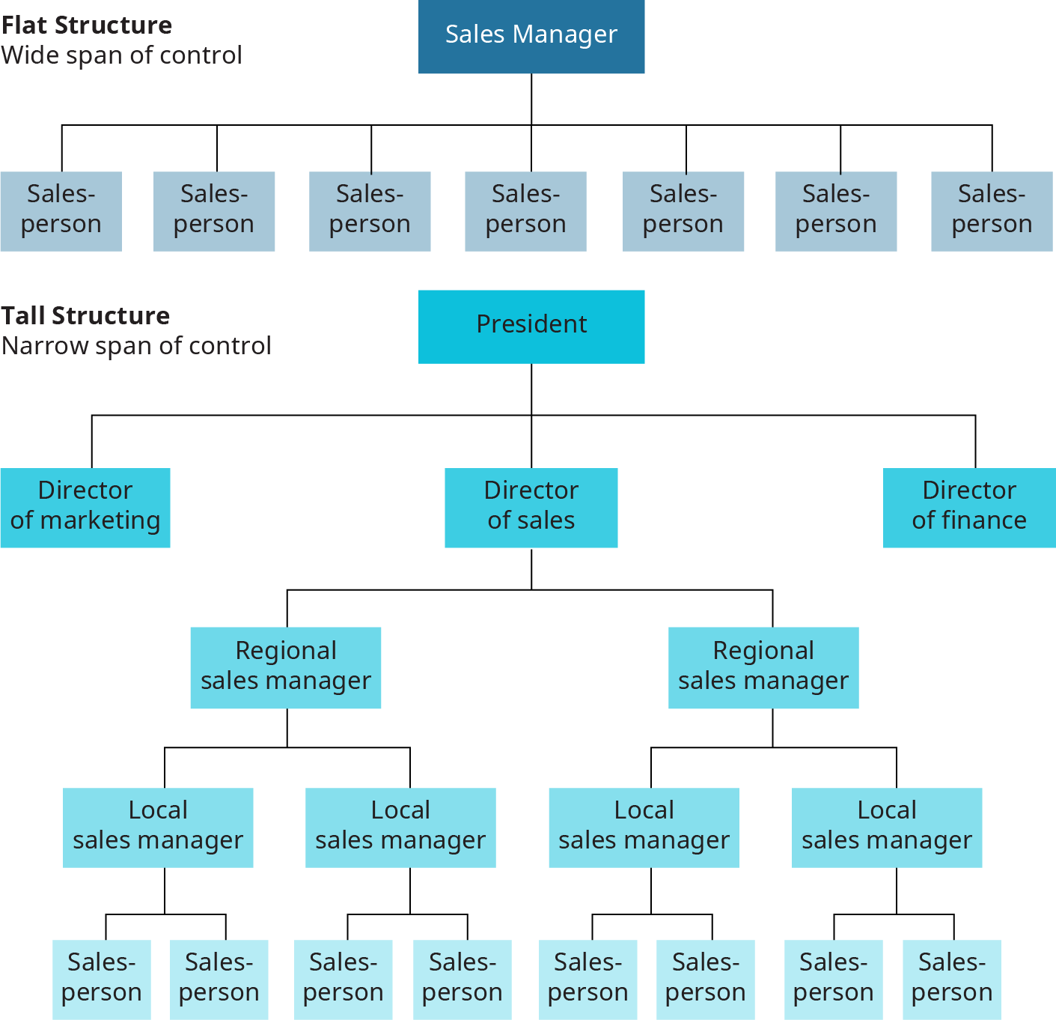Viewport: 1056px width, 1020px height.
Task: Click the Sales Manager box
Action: click(x=531, y=36)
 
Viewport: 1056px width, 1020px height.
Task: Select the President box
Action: click(x=531, y=326)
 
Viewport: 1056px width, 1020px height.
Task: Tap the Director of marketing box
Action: click(x=85, y=507)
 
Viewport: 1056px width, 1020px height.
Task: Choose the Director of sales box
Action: click(x=531, y=507)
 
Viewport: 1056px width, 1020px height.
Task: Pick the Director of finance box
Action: click(x=969, y=507)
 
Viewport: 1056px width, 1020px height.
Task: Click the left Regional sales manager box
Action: click(x=286, y=667)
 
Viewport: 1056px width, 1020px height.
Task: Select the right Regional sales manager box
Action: click(x=763, y=667)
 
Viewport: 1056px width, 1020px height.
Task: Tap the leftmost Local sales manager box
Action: click(x=158, y=827)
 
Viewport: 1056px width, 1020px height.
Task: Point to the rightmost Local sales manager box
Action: click(x=887, y=827)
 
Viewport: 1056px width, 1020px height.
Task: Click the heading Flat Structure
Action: click(x=87, y=25)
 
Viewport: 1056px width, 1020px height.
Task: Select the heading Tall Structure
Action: click(x=85, y=316)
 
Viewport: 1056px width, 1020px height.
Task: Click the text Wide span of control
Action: click(x=121, y=55)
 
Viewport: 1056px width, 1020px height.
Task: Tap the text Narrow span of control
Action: click(x=136, y=346)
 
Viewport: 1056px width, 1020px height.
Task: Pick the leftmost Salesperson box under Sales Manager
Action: click(x=61, y=210)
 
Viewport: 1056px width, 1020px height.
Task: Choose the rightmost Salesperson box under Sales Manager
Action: click(x=992, y=210)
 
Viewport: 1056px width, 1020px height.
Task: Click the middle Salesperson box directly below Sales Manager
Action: click(x=525, y=210)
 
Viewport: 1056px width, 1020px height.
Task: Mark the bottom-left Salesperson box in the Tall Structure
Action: click(x=101, y=979)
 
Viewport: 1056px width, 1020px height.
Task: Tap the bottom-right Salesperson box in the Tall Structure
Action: click(x=951, y=979)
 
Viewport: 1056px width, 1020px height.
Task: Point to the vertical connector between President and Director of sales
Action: click(x=531, y=442)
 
